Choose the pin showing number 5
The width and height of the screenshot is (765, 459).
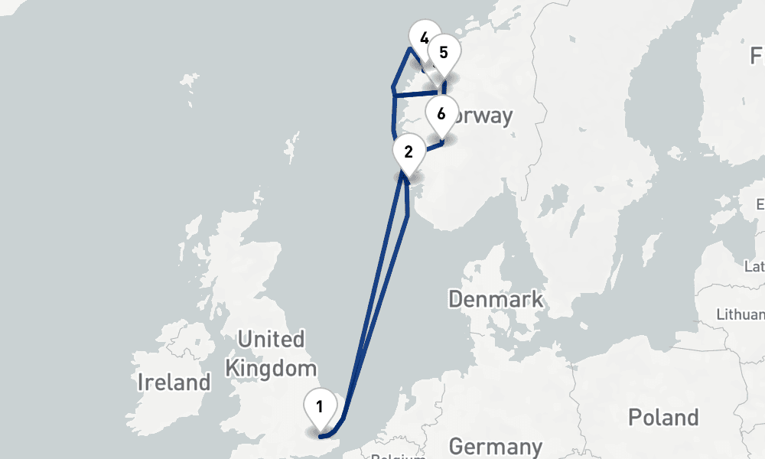pyautogui.click(x=444, y=54)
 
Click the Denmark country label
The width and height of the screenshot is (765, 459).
pyautogui.click(x=496, y=299)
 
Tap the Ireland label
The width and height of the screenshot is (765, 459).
pyautogui.click(x=174, y=382)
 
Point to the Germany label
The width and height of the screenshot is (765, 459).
pyautogui.click(x=496, y=446)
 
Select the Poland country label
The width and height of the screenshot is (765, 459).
pyautogui.click(x=663, y=418)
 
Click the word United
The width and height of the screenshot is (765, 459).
pyautogui.click(x=271, y=339)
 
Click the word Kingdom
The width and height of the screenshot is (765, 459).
pyautogui.click(x=271, y=368)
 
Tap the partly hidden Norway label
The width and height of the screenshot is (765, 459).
pyautogui.click(x=482, y=116)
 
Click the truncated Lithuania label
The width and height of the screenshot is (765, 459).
pyautogui.click(x=741, y=314)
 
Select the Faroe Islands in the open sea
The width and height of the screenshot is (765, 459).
pyautogui.click(x=187, y=80)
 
